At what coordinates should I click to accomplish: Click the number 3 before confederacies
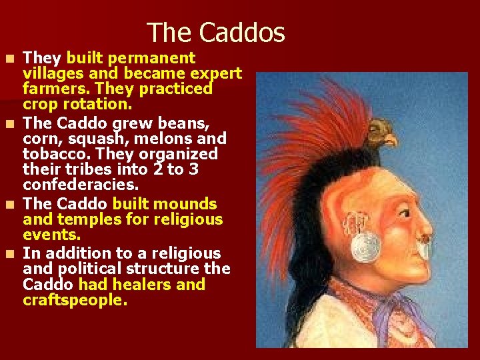[x=193, y=169]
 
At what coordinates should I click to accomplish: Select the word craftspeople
[x=75, y=301]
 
